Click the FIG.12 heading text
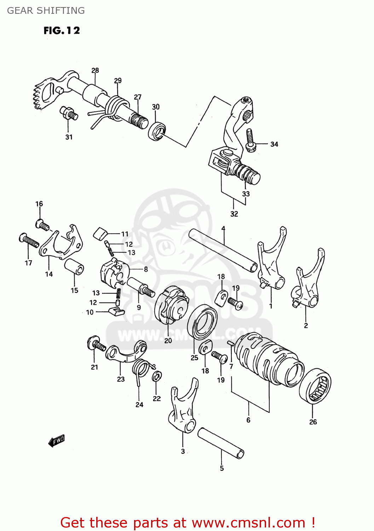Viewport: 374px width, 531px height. point(62,31)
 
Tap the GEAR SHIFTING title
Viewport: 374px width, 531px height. point(46,11)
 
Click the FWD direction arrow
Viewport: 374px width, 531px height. point(57,441)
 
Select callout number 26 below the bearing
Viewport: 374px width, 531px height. point(313,422)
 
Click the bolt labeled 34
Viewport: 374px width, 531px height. point(250,141)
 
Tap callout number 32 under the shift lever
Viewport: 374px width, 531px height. point(234,214)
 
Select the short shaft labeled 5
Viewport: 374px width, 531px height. point(221,443)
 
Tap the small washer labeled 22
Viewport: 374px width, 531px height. point(157,376)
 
